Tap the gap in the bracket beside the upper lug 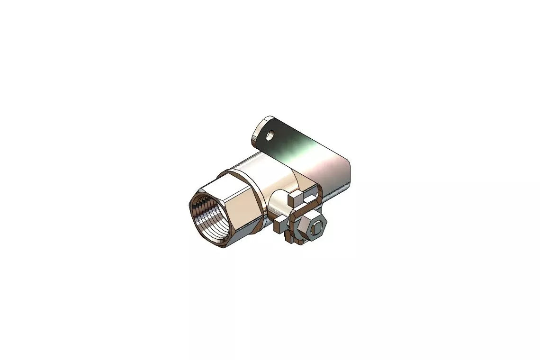point(310,194)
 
